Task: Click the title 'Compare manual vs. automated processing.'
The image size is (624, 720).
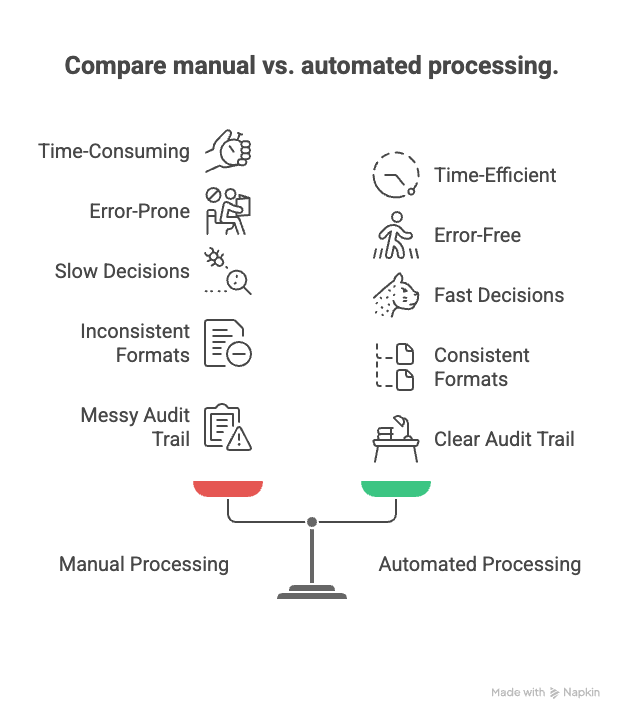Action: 311,66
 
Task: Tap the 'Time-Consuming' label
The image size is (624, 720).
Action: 114,151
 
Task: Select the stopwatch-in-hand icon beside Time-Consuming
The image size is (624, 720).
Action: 228,150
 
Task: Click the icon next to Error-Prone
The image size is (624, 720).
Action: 228,210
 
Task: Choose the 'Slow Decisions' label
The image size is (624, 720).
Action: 122,271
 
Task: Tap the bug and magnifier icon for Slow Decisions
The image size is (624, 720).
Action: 228,272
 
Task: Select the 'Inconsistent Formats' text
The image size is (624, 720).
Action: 135,342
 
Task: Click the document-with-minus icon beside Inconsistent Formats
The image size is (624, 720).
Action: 228,342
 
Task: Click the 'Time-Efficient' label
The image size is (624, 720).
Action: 495,175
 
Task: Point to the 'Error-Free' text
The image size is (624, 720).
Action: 477,235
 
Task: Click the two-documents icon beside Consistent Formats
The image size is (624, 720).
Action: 394,366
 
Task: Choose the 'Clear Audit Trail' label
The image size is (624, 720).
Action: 504,439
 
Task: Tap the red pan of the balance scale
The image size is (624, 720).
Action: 228,488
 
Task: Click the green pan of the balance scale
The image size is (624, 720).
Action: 396,488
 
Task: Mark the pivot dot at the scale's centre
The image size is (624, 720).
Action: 312,522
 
